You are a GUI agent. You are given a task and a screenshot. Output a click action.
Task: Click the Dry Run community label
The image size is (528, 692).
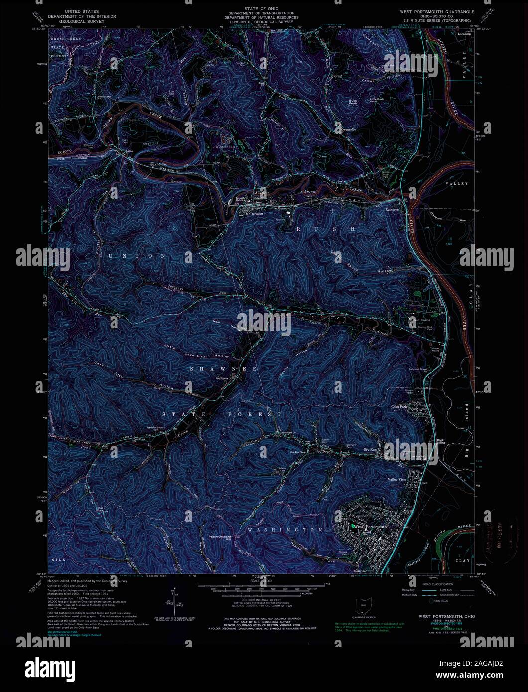[370, 450]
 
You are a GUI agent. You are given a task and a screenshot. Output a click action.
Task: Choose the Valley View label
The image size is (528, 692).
[397, 479]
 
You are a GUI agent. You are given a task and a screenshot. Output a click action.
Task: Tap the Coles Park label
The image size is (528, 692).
[399, 407]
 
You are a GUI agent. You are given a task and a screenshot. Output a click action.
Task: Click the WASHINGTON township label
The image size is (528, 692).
[285, 530]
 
